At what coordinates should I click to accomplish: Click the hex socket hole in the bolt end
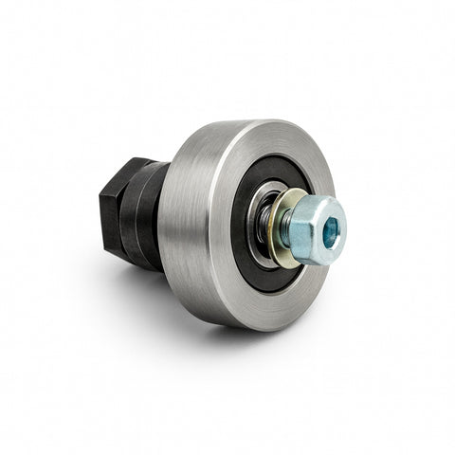point(330,230)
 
